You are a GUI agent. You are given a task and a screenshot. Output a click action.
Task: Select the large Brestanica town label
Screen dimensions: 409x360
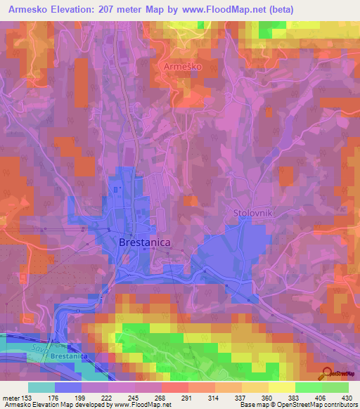click(146, 242)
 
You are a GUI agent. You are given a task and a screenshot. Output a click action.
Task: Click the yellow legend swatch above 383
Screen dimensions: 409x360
click(281, 387)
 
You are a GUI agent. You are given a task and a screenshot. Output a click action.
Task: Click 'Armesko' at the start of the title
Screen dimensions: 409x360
click(26, 9)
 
